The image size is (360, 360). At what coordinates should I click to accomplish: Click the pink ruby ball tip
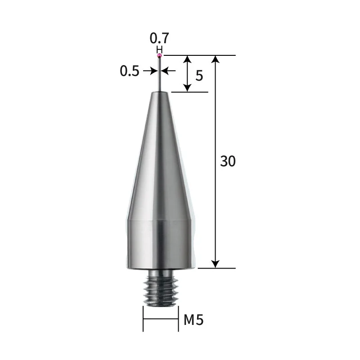coord(159,56)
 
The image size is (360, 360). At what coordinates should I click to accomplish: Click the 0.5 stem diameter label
coord(129,71)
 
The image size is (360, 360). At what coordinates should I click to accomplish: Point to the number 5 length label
coord(199,75)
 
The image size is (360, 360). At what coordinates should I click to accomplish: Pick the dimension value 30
coord(228,161)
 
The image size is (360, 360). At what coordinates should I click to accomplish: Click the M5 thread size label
coord(194,320)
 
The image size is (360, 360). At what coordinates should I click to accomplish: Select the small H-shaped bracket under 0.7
coord(159,49)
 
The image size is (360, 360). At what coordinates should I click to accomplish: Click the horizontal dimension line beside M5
coord(161,319)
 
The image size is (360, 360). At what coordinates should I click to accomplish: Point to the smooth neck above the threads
coord(161,273)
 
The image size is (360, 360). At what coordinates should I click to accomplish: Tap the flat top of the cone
coord(160,92)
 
